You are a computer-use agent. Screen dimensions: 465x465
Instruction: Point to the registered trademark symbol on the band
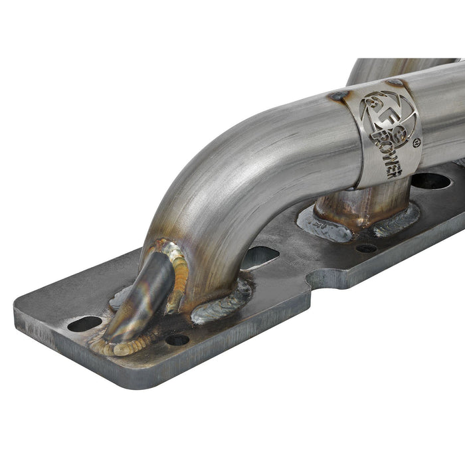(417, 142)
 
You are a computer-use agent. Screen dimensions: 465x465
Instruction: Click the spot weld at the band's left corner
(338, 96)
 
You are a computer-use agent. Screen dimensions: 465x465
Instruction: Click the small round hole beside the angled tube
(177, 339)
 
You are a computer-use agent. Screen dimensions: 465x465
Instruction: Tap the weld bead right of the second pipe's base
(399, 219)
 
